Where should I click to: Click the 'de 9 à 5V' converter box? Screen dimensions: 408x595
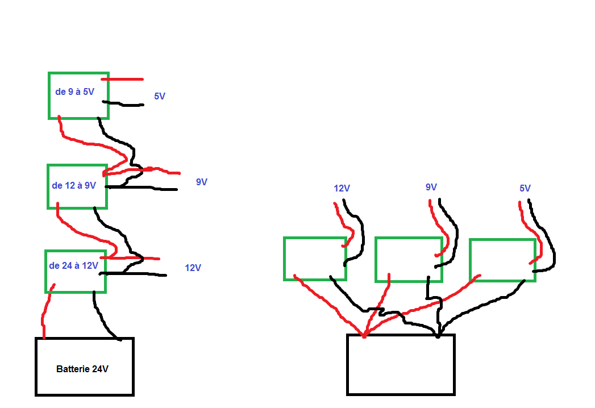pyautogui.click(x=78, y=95)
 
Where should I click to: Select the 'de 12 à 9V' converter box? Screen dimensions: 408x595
pyautogui.click(x=77, y=186)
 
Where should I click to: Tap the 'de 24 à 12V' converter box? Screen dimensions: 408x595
pyautogui.click(x=75, y=271)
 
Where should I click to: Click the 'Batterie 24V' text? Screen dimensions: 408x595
pyautogui.click(x=82, y=369)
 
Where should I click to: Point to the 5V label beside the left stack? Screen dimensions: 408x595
pyautogui.click(x=160, y=97)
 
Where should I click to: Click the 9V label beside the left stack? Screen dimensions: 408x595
pyautogui.click(x=202, y=182)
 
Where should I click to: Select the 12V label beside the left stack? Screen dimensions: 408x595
pyautogui.click(x=193, y=267)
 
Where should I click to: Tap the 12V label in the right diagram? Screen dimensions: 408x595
pyautogui.click(x=342, y=188)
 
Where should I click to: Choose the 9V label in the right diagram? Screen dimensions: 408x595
pyautogui.click(x=431, y=187)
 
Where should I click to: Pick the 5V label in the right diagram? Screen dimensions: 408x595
pyautogui.click(x=525, y=188)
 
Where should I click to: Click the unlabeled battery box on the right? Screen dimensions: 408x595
pyautogui.click(x=401, y=364)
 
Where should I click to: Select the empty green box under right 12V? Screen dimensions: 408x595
pyautogui.click(x=315, y=259)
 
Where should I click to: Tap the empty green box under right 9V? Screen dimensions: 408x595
pyautogui.click(x=408, y=260)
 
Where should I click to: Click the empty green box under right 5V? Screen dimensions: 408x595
pyautogui.click(x=502, y=260)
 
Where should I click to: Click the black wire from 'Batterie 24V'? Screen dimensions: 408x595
pyautogui.click(x=102, y=318)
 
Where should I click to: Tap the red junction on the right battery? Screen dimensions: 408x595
pyautogui.click(x=364, y=335)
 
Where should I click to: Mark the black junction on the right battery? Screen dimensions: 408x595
pyautogui.click(x=438, y=335)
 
